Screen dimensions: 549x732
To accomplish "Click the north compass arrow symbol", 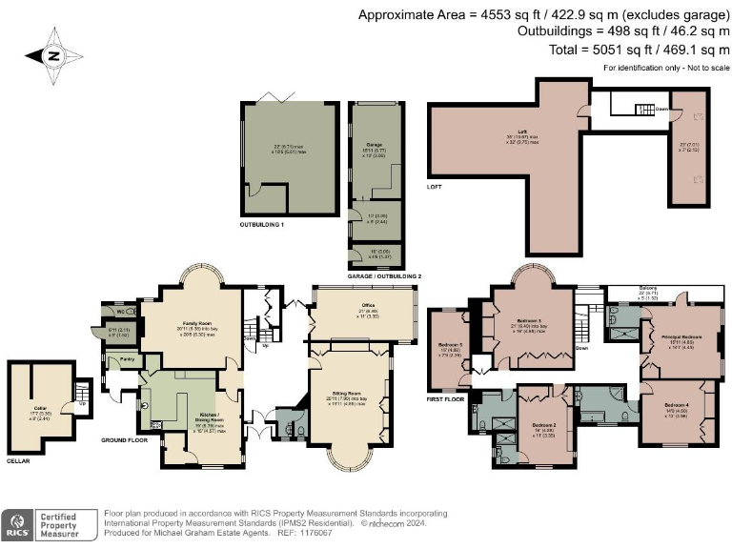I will click(x=52, y=55).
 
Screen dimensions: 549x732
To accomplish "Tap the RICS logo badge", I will click(x=15, y=522).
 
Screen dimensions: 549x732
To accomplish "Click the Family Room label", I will click(x=198, y=324).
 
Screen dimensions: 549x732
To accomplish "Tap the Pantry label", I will click(x=125, y=360).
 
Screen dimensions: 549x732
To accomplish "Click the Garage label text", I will click(x=374, y=145).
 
